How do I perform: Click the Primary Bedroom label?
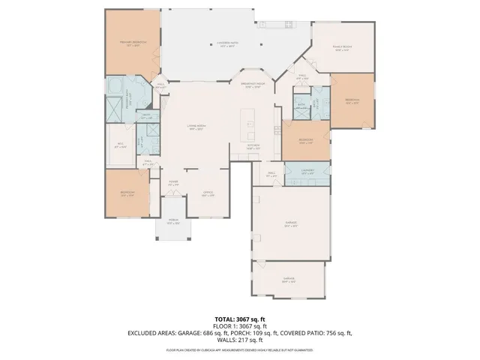[132, 43]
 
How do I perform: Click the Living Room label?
[196, 128]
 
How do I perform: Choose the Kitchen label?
[253, 146]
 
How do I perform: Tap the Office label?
[208, 193]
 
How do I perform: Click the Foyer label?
[173, 182]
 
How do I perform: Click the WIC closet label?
[119, 145]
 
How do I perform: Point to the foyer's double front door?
[173, 196]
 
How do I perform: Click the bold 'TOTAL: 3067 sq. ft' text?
[239, 319]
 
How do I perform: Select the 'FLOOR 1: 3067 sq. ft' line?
[239, 325]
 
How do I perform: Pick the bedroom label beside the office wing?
[127, 194]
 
